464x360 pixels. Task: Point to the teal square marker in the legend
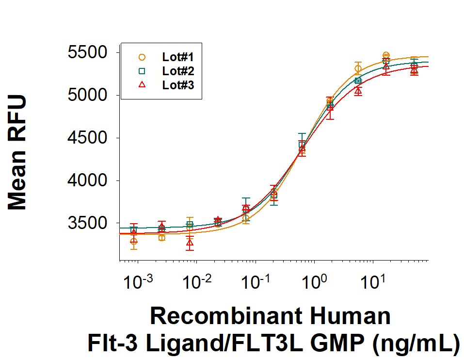pos(142,71)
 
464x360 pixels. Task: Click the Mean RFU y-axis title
pos(18,153)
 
